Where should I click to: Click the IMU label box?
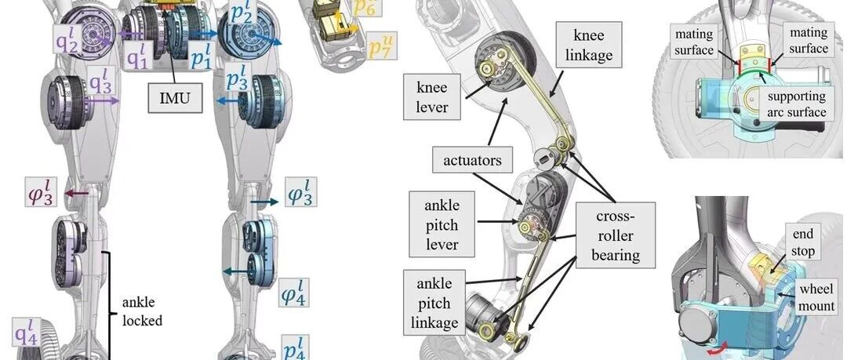[175, 98]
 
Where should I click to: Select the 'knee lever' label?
[432, 96]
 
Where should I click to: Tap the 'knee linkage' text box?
[589, 45]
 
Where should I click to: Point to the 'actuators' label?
[472, 160]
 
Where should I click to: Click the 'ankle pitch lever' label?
[442, 224]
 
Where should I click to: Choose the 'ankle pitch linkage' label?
[434, 303]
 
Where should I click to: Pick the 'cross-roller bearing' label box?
[616, 235]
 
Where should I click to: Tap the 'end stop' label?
[802, 242]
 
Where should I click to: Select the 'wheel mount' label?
[816, 296]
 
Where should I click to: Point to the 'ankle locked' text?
[142, 311]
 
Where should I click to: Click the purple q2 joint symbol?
[68, 38]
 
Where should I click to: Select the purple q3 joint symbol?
[100, 85]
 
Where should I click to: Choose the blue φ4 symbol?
[294, 293]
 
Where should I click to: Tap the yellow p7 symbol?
[381, 45]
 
